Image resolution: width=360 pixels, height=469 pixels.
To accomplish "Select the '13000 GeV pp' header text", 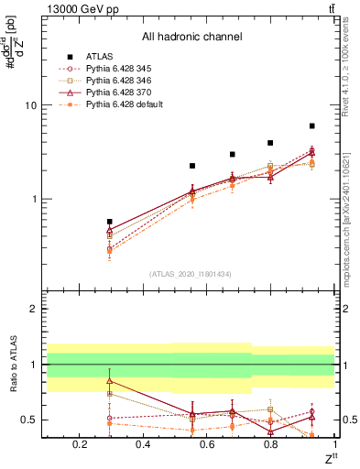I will point(79,8).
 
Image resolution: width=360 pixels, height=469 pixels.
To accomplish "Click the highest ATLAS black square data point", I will point(312,125).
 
